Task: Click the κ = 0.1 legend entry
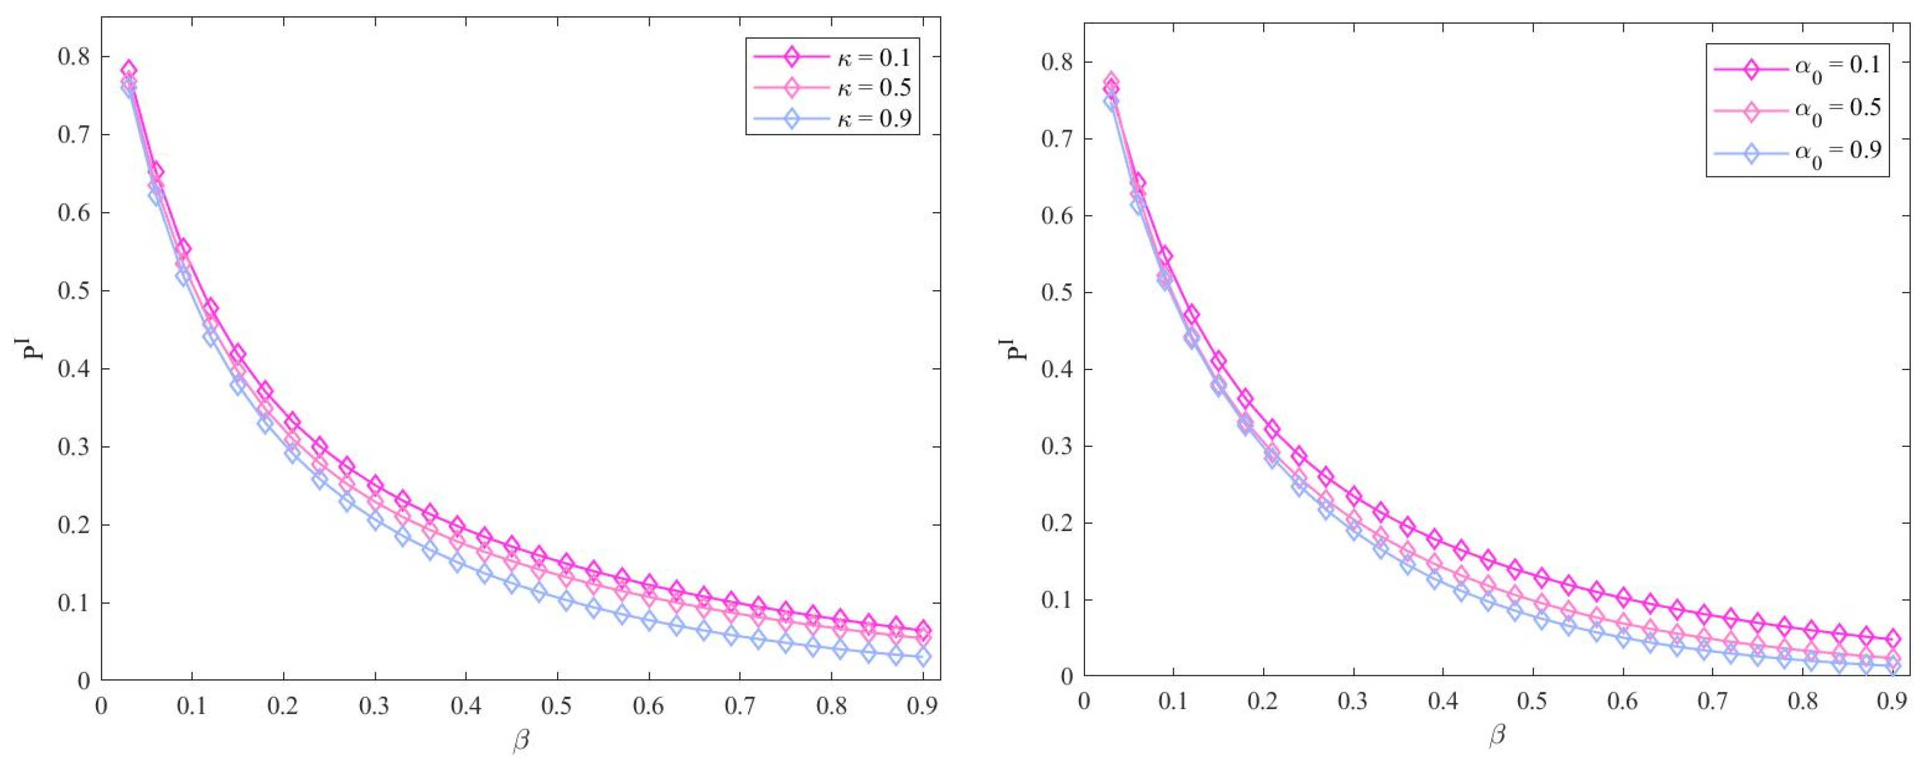coord(832,56)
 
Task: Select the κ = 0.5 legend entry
coord(832,88)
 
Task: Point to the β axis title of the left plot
coord(521,741)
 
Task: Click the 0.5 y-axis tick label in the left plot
coord(74,291)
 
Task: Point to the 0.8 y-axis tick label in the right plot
coord(1058,62)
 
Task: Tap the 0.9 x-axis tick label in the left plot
coord(922,707)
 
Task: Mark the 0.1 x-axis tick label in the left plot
coord(192,707)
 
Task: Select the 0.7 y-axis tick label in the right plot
coord(1058,139)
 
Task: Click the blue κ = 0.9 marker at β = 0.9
coord(922,657)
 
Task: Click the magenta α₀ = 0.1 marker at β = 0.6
coord(1623,597)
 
